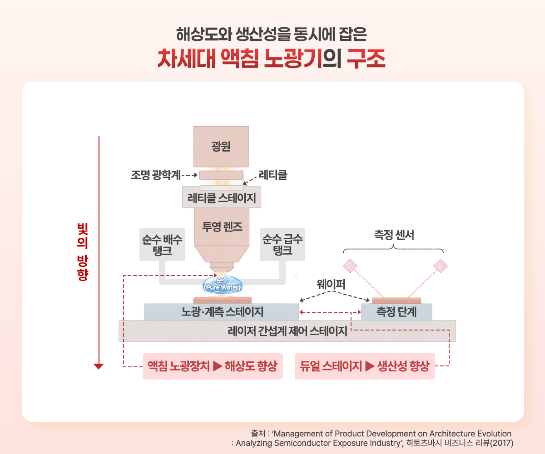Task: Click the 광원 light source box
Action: (221, 147)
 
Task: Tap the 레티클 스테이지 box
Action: (222, 197)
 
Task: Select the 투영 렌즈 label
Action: (222, 227)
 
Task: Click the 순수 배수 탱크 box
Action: (162, 245)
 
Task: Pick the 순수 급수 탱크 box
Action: (282, 245)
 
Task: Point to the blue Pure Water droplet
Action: (223, 284)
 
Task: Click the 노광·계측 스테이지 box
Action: (221, 312)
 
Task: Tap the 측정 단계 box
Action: (396, 312)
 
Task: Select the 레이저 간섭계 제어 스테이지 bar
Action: (287, 331)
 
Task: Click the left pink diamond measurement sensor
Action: (350, 266)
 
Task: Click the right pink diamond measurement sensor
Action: (441, 266)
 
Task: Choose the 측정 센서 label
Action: (394, 235)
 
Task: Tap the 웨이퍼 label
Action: (331, 284)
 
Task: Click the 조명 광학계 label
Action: (156, 175)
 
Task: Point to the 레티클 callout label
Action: (273, 175)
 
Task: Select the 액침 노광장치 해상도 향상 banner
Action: (213, 366)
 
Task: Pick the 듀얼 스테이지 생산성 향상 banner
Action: (365, 366)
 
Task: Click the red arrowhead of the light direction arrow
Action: (99, 366)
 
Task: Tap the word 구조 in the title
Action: (366, 59)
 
